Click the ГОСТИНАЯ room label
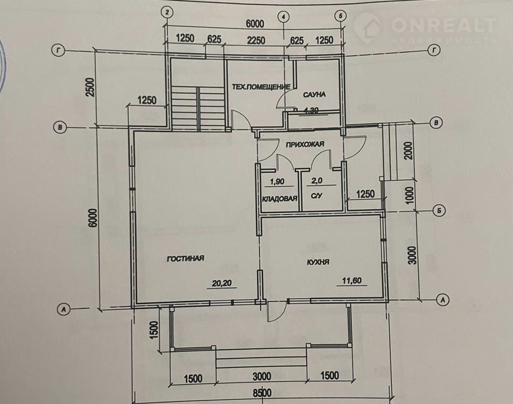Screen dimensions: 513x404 [185, 258]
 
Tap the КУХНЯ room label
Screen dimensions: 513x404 [318, 262]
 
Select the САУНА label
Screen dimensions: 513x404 [314, 94]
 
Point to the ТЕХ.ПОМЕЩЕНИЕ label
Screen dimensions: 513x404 [261, 87]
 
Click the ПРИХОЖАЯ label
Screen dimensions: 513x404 [305, 144]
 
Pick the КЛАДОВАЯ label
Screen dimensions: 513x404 [280, 199]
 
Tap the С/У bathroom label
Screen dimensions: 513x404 [316, 196]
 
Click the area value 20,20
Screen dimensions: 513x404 [221, 283]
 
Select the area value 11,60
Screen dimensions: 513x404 [352, 281]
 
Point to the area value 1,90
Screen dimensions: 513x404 [277, 181]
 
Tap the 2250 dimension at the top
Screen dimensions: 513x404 [256, 40]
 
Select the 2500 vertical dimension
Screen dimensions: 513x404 [91, 87]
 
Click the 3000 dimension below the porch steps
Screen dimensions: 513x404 [262, 376]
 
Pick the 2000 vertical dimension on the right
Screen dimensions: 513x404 [408, 151]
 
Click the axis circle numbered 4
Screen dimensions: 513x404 [283, 16]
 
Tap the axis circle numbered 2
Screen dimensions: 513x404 [167, 13]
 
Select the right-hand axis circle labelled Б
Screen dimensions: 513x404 [439, 211]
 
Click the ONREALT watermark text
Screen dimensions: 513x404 [444, 25]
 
